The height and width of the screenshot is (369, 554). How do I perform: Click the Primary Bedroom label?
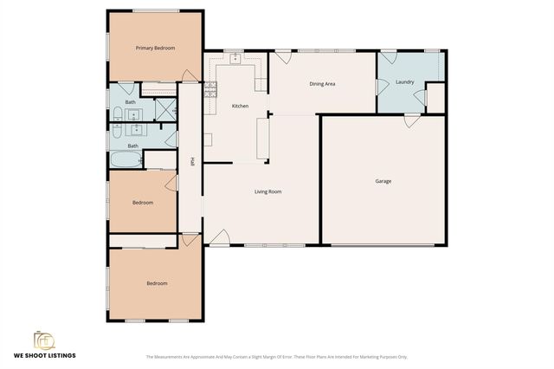tap(155, 49)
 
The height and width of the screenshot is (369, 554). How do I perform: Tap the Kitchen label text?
tap(240, 106)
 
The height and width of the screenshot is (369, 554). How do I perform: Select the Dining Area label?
tap(322, 84)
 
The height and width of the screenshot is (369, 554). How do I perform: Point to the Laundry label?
tap(404, 82)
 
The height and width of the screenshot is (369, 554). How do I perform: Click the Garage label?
tap(383, 181)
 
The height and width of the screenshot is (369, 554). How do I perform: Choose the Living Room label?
tap(267, 191)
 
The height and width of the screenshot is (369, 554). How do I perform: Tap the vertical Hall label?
tap(191, 162)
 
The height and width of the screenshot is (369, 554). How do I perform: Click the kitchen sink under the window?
tap(235, 58)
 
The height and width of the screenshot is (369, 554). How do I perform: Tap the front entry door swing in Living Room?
tap(220, 236)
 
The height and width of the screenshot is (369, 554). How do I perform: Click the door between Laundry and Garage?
tap(412, 120)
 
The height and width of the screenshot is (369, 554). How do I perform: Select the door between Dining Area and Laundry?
tap(380, 87)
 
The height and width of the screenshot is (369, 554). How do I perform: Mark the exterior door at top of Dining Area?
tap(282, 57)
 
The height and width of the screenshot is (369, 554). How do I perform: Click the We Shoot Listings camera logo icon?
tap(44, 340)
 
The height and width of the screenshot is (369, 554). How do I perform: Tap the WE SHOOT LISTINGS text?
tap(44, 355)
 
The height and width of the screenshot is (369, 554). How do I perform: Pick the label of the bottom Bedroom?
tap(157, 283)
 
